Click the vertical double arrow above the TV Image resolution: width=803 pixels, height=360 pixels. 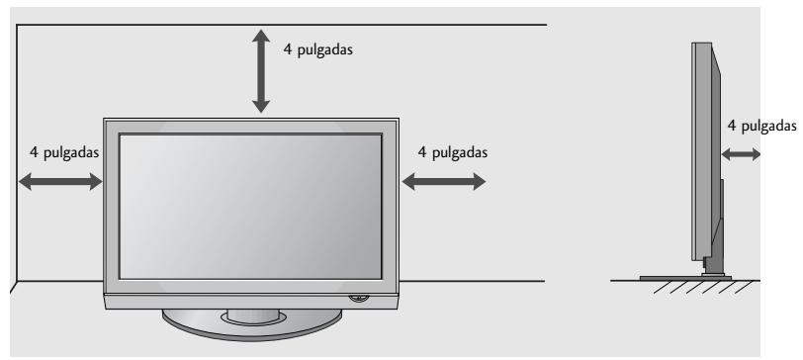(261, 69)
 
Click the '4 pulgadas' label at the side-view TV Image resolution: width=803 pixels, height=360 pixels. (761, 126)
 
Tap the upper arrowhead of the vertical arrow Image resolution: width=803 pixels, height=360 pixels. (261, 36)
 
